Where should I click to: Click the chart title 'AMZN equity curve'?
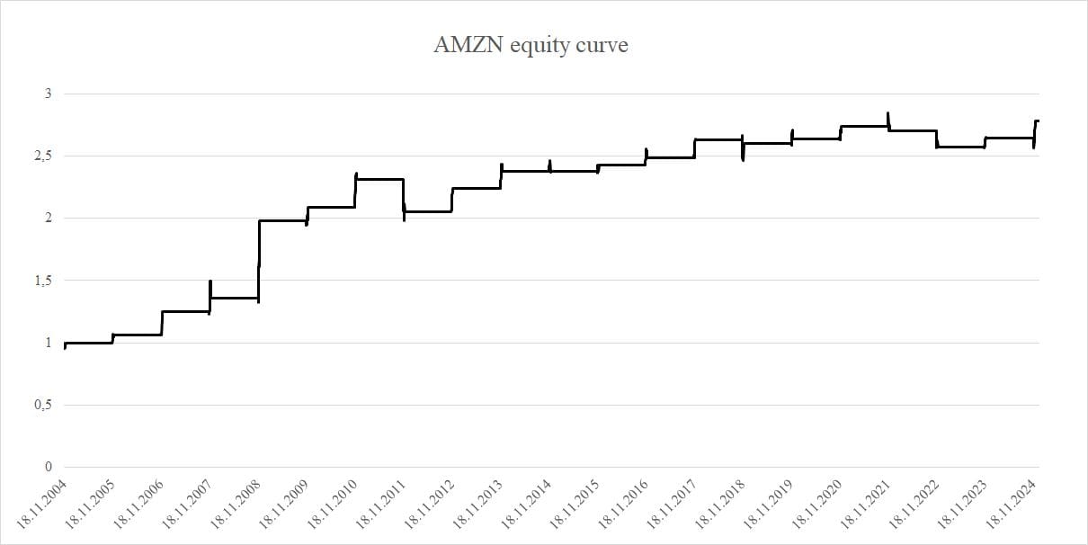pos(531,46)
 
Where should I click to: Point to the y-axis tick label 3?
pos(48,94)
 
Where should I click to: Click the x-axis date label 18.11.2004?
pos(40,504)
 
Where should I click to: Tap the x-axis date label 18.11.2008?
pos(235,504)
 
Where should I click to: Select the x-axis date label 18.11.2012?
pos(429,504)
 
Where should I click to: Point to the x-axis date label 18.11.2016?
pos(623,504)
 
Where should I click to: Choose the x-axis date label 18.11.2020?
pos(817,504)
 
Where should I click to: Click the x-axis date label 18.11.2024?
pos(1012,504)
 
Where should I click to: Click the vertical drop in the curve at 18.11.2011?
pos(404,198)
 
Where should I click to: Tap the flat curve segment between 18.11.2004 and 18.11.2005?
pos(88,343)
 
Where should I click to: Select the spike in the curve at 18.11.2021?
pos(888,120)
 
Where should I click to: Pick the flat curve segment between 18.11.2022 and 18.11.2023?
pos(960,147)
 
